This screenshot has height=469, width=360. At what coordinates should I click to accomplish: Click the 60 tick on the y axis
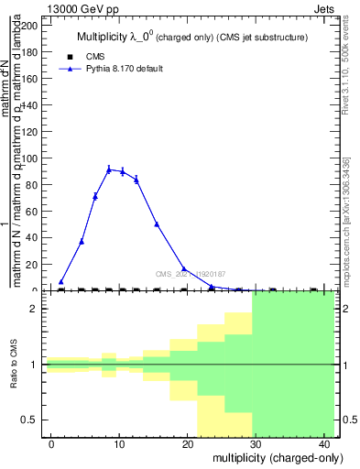36,211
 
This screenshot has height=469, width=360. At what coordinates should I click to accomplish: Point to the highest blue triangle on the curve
109,169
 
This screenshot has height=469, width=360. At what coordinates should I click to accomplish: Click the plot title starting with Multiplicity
191,38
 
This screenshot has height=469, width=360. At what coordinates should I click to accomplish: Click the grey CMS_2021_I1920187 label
191,273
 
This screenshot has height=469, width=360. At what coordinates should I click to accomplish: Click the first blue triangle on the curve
61,282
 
